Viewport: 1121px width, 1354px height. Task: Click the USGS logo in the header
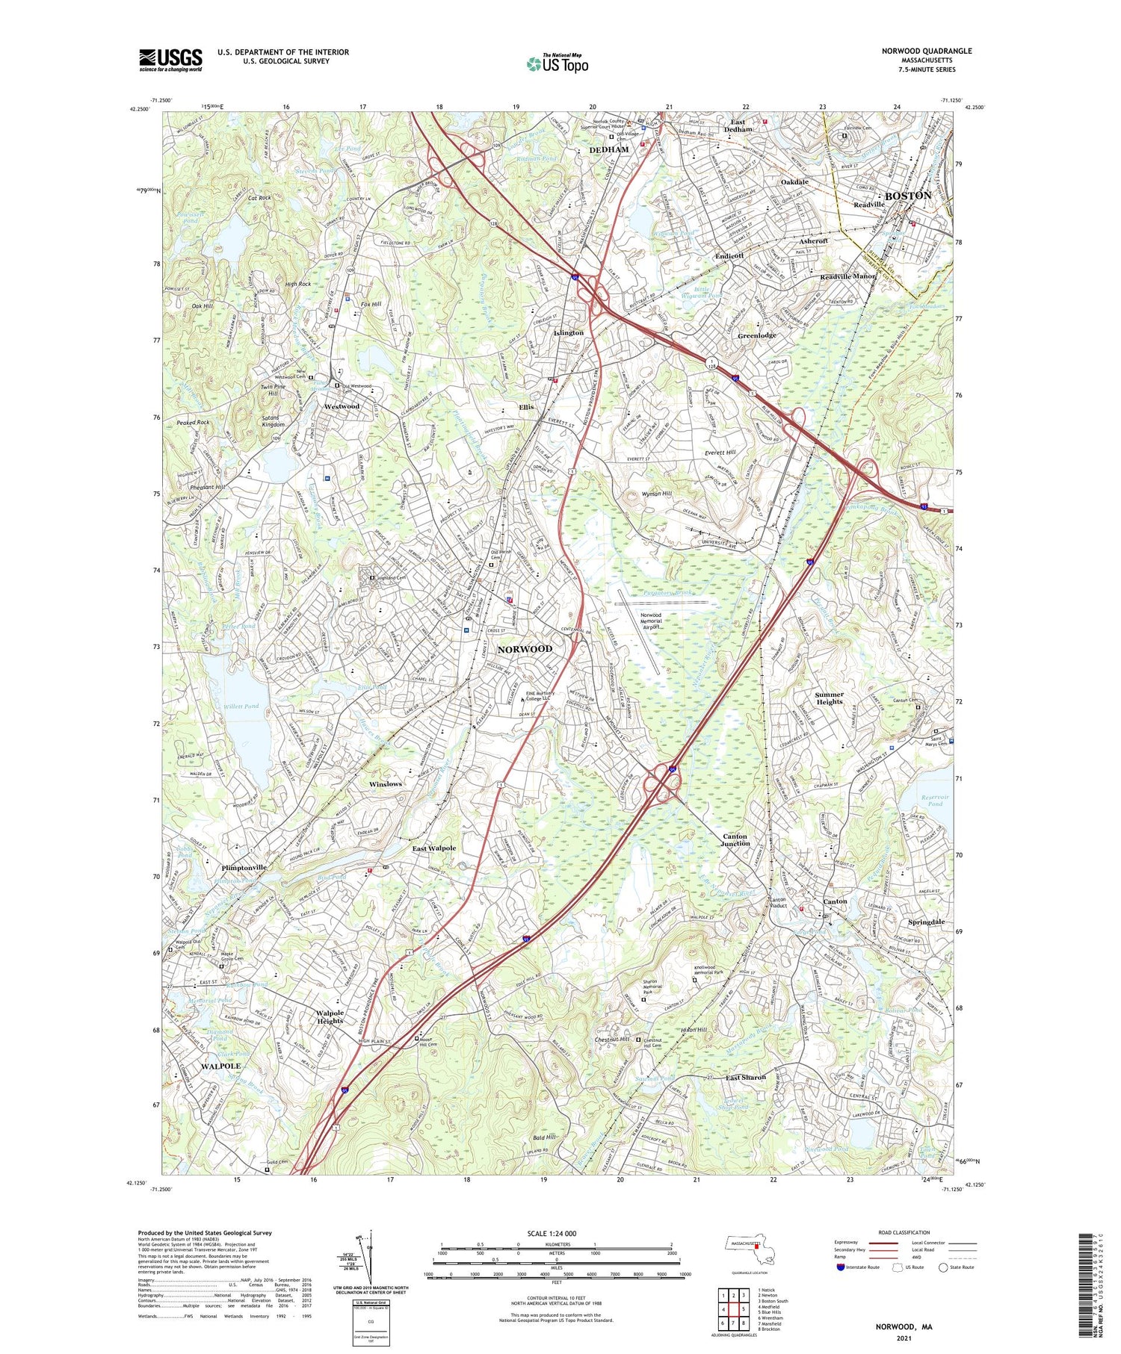[x=170, y=60]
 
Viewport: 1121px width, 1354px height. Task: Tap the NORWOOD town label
[x=525, y=649]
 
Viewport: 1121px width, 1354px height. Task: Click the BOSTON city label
[x=907, y=196]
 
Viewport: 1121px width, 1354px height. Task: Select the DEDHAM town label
[x=609, y=149]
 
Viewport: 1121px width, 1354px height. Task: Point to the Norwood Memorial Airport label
[x=651, y=621]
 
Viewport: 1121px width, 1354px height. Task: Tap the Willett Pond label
[x=241, y=706]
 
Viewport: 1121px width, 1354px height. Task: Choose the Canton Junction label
[x=735, y=839]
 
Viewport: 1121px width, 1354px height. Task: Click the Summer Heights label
[x=830, y=698]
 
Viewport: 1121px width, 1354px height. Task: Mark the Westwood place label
[x=342, y=406]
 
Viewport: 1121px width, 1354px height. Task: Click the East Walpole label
[x=433, y=848]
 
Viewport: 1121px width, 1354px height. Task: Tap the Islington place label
[x=568, y=332]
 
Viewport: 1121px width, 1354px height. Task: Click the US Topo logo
[x=557, y=64]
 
